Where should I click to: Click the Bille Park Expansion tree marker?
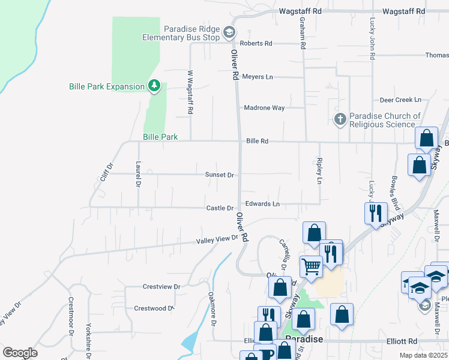click(154, 86)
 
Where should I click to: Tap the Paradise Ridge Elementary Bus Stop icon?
click(229, 31)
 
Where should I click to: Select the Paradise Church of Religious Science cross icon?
click(340, 119)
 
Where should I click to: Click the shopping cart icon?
click(311, 266)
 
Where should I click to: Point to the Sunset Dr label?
click(219, 175)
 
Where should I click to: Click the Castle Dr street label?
click(220, 208)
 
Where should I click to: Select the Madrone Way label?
click(264, 108)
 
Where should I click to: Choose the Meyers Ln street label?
click(258, 77)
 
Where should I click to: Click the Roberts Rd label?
click(256, 43)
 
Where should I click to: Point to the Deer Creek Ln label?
click(401, 100)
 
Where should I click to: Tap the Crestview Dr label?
click(161, 287)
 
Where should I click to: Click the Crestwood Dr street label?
click(154, 308)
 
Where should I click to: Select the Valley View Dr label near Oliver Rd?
click(217, 240)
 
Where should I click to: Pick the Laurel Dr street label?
click(138, 173)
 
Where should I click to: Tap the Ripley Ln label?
click(319, 172)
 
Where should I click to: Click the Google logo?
click(20, 353)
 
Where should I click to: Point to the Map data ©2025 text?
click(423, 356)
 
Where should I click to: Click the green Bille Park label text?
click(160, 137)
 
